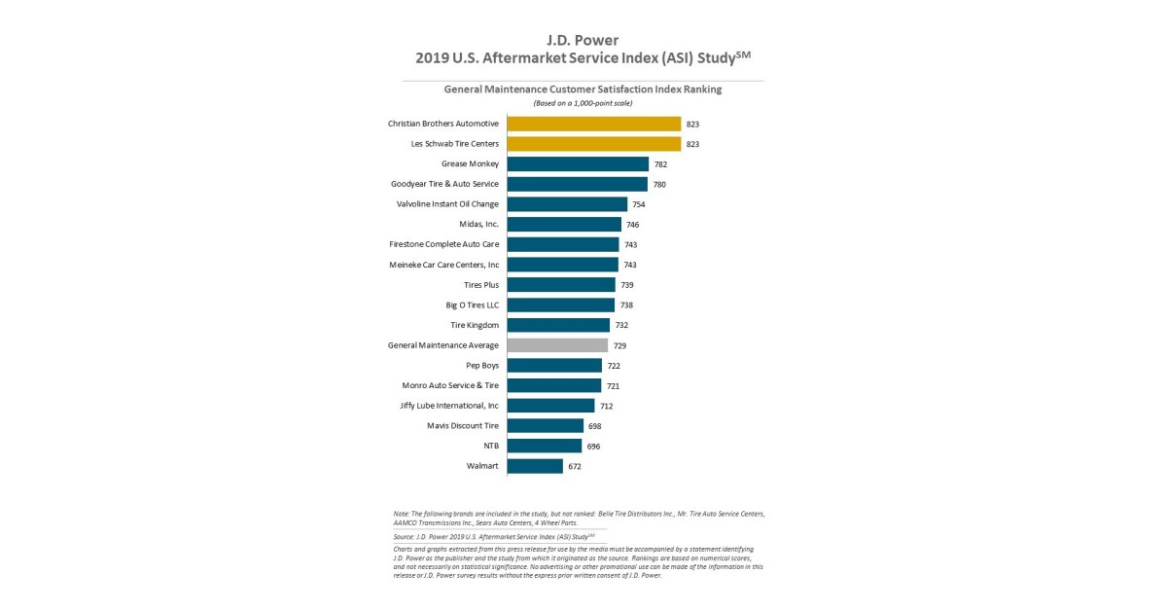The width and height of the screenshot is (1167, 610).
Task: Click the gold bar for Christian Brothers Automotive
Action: tap(593, 124)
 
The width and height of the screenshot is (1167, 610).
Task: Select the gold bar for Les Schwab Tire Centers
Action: tap(593, 144)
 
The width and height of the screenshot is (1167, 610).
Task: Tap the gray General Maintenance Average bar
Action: tap(557, 345)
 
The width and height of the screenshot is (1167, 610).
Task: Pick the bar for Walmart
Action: tap(535, 466)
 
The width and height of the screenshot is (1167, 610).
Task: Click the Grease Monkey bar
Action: tap(578, 164)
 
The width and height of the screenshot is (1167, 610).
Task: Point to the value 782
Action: tap(660, 164)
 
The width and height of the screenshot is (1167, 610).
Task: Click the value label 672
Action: tap(575, 467)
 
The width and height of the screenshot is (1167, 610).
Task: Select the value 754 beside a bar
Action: tap(639, 204)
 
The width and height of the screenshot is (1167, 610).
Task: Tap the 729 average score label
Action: tap(619, 345)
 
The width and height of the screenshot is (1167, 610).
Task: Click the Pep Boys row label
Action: tap(482, 366)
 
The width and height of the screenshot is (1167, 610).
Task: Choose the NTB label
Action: tap(491, 446)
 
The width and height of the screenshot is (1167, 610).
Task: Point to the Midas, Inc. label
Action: tap(478, 225)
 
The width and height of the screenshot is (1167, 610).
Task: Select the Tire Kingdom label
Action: tap(474, 325)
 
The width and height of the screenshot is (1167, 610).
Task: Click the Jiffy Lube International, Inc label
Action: tap(449, 406)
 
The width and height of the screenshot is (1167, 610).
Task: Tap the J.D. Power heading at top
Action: tap(583, 40)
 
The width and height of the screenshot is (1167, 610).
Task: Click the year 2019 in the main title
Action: tap(432, 58)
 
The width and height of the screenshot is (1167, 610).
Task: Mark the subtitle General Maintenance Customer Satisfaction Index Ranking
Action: tap(583, 89)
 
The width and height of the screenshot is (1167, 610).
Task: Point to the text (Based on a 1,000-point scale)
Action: tap(583, 103)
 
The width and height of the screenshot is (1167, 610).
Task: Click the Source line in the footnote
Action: tap(494, 536)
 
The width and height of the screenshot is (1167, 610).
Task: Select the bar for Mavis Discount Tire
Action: tap(546, 426)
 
